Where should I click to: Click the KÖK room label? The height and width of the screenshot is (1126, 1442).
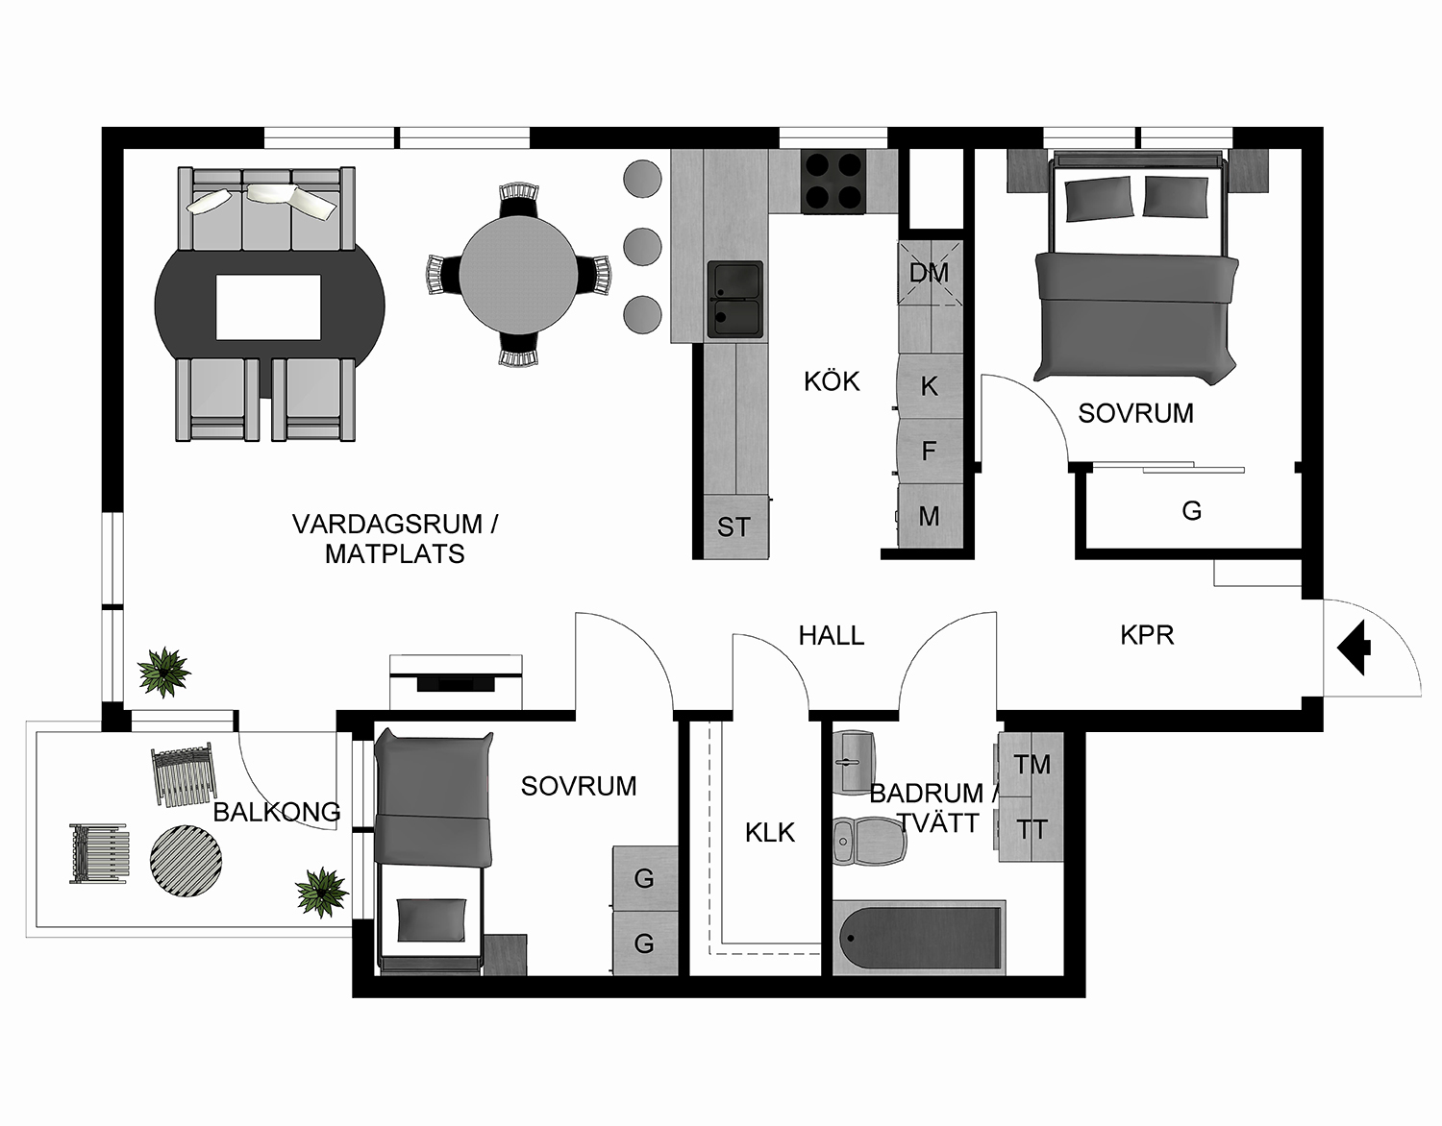coord(832,381)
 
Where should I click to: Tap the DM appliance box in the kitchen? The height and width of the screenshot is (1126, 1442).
coord(929,273)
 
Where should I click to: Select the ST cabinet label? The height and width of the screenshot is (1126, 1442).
coord(733,526)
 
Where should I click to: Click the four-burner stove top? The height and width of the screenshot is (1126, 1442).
coord(833,182)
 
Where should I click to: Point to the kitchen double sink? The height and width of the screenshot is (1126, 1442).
coord(735,299)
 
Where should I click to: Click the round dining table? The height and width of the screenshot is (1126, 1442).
coord(518,274)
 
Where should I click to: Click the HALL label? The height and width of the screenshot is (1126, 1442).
coord(832,635)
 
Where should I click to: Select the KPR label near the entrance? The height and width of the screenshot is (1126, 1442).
coord(1147,635)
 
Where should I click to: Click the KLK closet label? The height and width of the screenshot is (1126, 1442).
coord(770,832)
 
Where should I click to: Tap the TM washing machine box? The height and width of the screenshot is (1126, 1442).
coord(1032,765)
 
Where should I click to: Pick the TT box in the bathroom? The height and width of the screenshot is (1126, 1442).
coord(1032,829)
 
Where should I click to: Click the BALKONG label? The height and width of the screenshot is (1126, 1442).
coord(277,812)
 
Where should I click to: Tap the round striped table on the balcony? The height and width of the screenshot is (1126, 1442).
coord(186,860)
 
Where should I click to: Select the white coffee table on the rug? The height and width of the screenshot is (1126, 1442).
coord(268,306)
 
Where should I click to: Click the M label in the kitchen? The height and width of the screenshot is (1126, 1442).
coord(929,517)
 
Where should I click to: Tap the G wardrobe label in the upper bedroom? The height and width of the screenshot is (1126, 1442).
coord(1191,511)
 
